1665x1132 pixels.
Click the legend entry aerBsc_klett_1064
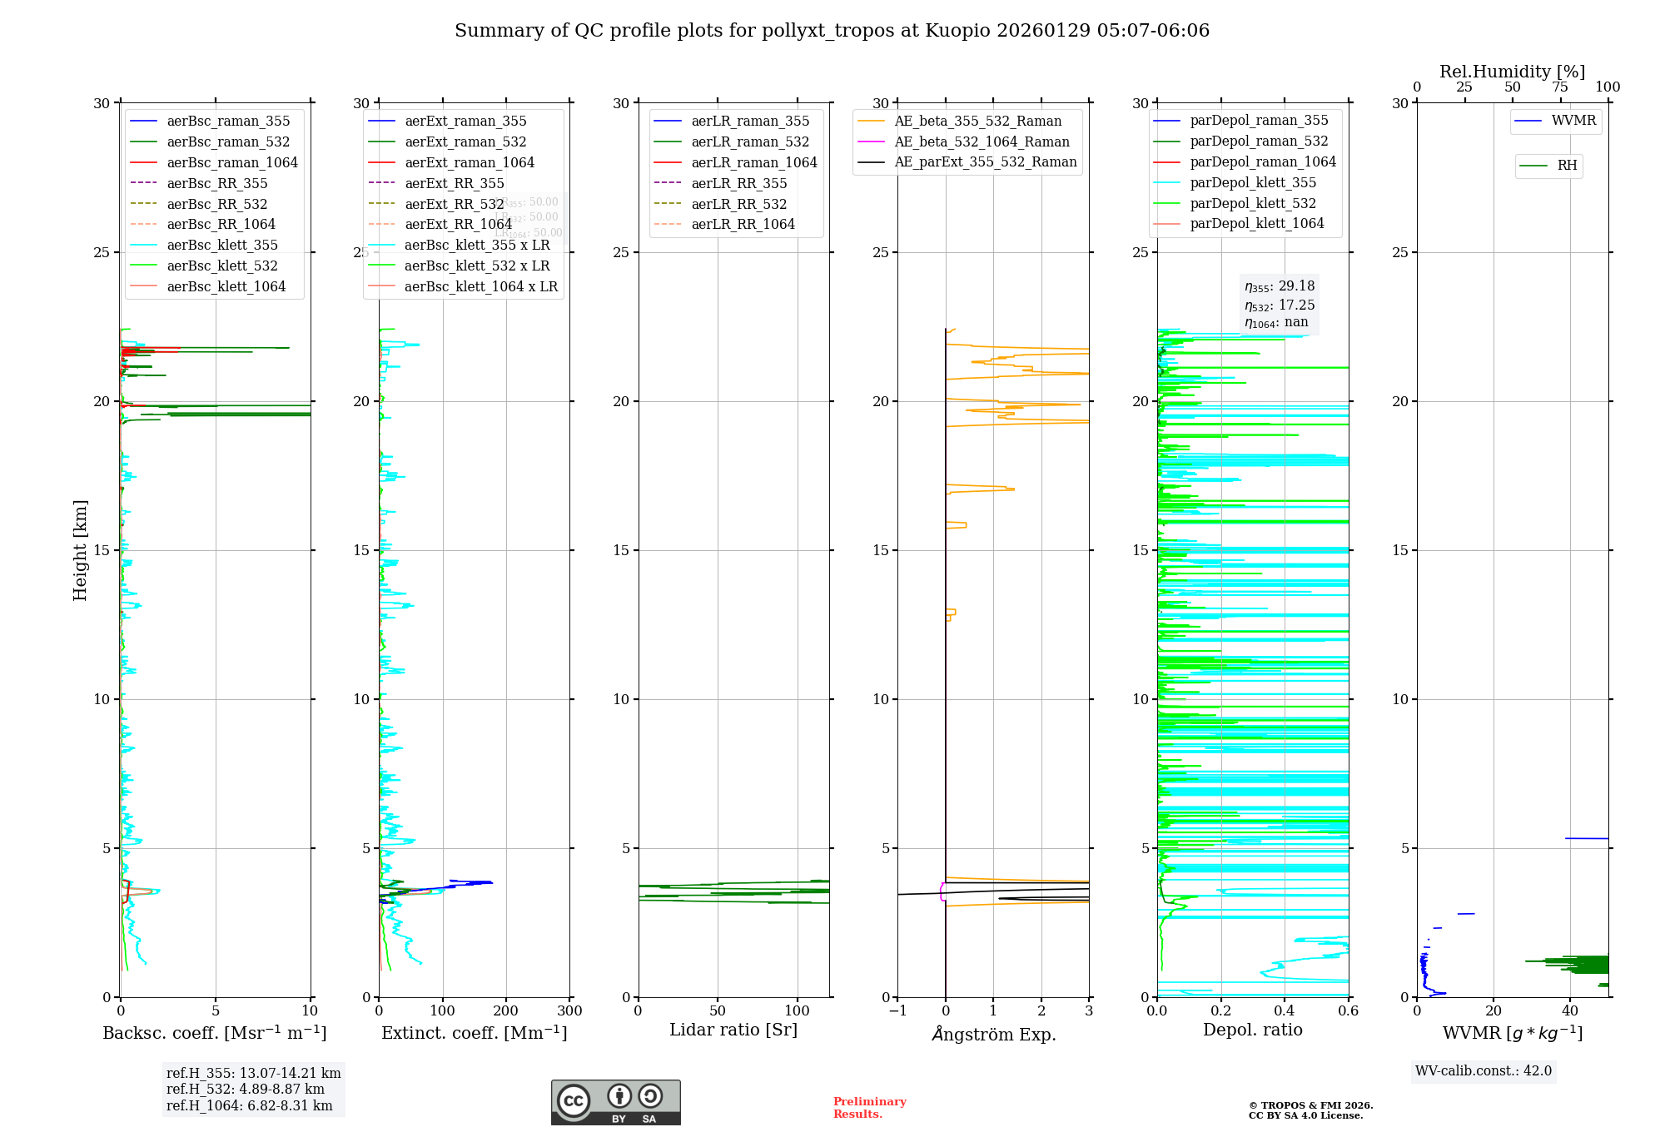[x=226, y=286]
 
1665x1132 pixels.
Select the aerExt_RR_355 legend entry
[x=454, y=183]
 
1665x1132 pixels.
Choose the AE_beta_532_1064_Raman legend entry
[x=982, y=141]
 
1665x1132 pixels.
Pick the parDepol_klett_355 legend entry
[x=1252, y=182]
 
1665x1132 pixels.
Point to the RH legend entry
[x=1566, y=166]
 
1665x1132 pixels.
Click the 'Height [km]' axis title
[x=80, y=550]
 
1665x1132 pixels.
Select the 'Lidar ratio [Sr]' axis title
[x=733, y=1030]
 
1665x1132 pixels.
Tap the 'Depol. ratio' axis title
[x=1252, y=1030]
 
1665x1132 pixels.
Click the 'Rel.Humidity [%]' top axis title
[x=1512, y=72]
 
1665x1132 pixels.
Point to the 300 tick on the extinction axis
[x=570, y=1011]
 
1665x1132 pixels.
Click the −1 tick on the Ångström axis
[x=897, y=1011]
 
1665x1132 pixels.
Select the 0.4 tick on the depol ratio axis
[x=1285, y=1011]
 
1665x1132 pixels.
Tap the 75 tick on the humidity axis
[x=1560, y=87]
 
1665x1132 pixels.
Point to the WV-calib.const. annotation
[x=1483, y=1071]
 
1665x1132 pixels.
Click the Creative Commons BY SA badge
[x=615, y=1102]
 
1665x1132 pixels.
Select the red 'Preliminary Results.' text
[x=869, y=1108]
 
